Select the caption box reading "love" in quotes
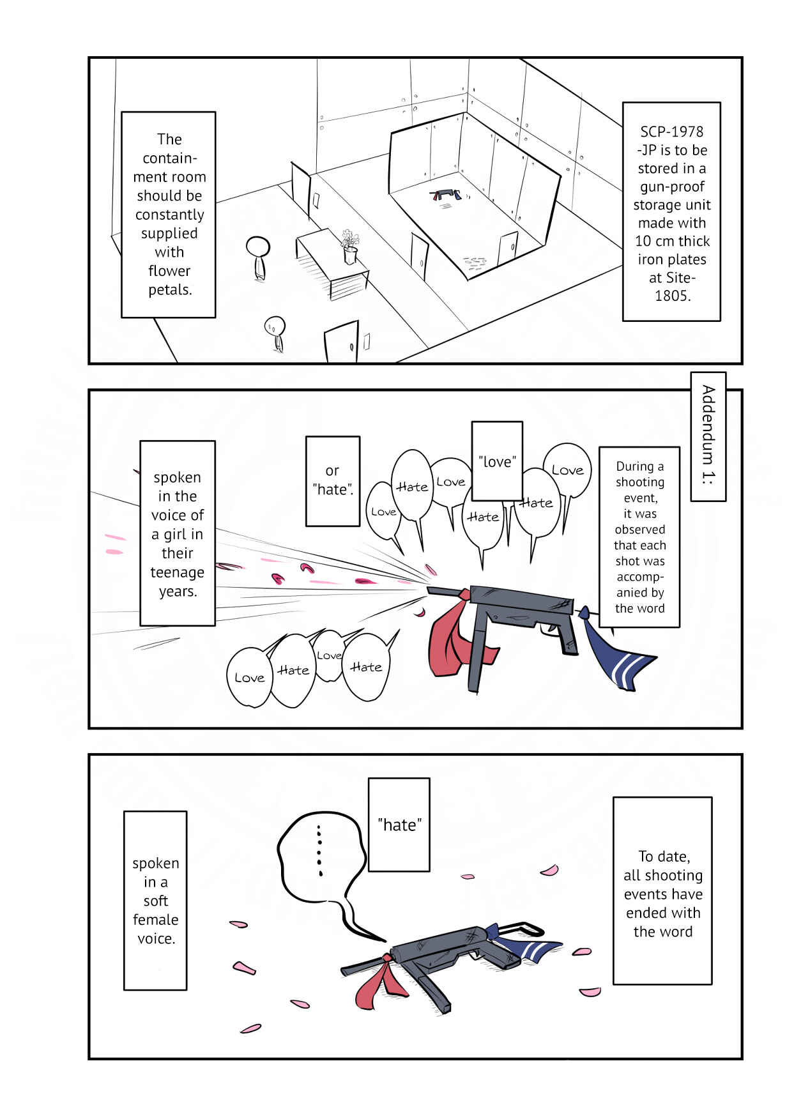[497, 461]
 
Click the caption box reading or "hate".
[333, 481]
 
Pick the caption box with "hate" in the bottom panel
[399, 825]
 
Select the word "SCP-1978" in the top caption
[671, 132]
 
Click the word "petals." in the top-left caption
[170, 289]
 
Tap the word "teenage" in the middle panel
[177, 572]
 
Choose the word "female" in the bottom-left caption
[155, 919]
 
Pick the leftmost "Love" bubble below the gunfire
[250, 677]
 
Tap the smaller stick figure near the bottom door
[275, 333]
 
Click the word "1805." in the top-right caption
[672, 296]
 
